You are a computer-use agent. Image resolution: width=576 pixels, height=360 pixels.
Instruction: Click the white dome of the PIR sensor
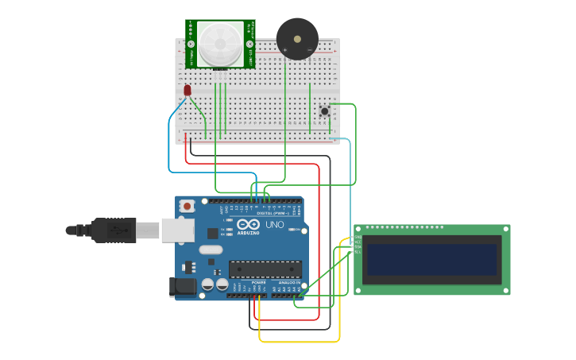[220, 44]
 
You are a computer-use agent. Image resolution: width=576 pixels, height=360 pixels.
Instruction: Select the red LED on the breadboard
[187, 91]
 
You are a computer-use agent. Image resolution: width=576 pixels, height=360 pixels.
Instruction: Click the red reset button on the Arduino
[187, 206]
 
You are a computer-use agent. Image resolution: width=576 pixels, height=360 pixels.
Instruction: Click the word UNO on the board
[274, 225]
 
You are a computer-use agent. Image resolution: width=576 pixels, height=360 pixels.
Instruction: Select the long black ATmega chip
[265, 270]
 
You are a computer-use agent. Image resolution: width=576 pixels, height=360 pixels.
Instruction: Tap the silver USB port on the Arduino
[178, 230]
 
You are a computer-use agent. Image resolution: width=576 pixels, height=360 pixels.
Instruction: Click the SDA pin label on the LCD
[358, 246]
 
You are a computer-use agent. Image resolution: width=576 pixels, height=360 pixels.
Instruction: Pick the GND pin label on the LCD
[358, 237]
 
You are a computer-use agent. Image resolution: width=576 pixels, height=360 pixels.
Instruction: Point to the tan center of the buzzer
[297, 37]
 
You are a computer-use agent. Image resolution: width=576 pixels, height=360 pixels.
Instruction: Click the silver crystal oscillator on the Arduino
[211, 250]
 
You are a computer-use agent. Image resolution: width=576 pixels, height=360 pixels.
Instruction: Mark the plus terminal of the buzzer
[285, 51]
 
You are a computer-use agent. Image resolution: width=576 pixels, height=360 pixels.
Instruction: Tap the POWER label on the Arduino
[258, 282]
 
